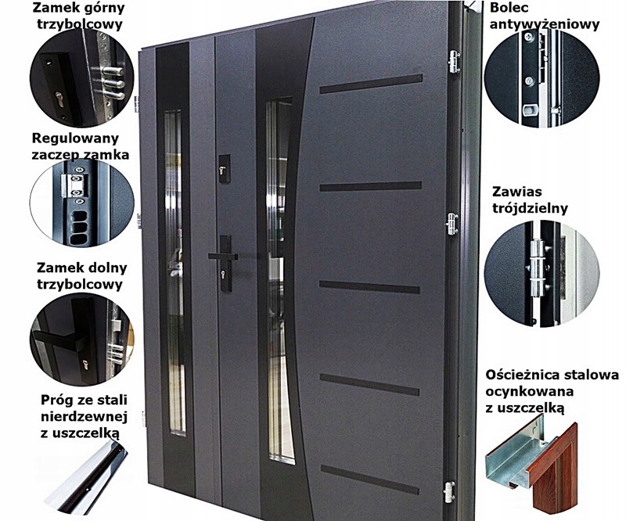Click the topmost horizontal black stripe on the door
(x=370, y=84)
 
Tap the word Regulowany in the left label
(x=71, y=138)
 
